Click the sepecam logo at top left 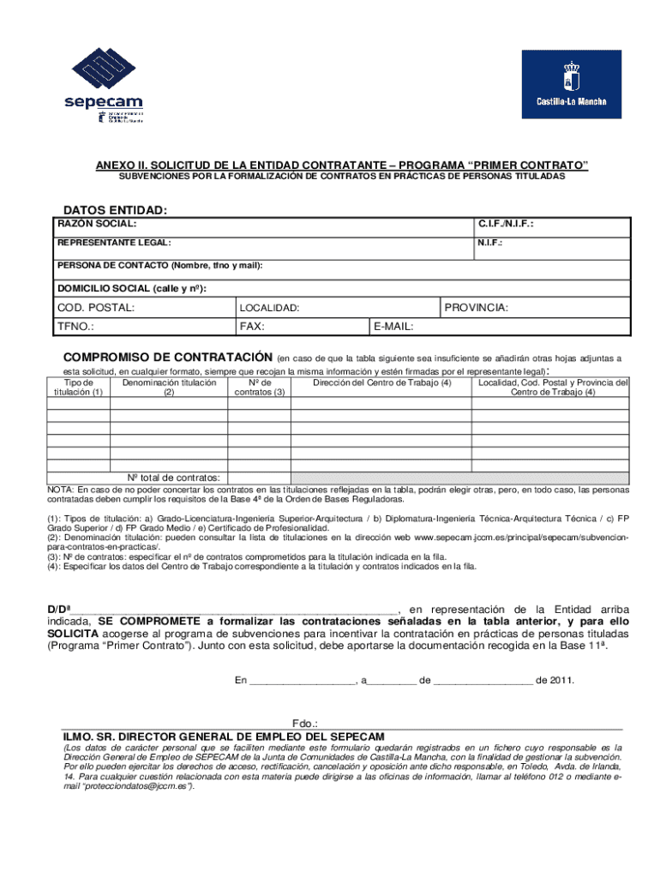pos(102,84)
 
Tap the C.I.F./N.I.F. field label pos(506,224)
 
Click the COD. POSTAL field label pos(95,307)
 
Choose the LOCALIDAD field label pos(269,308)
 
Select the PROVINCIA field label pos(477,307)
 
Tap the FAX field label pos(251,327)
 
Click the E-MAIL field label pos(394,327)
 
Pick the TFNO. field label pos(75,327)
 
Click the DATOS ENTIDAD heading pos(115,210)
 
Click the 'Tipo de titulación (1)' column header pos(78,388)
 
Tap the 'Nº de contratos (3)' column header pos(260,388)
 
